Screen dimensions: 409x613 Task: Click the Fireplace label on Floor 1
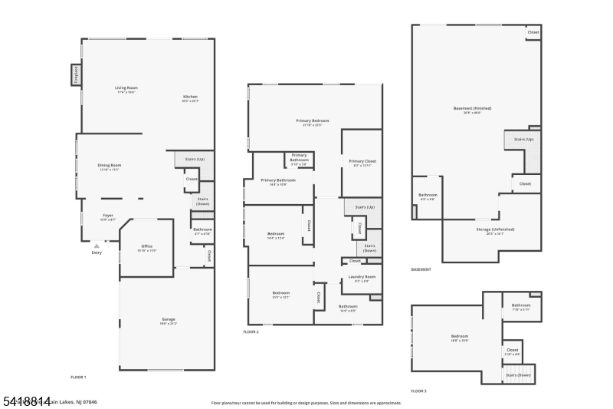[76, 75]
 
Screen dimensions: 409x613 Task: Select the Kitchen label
[190, 97]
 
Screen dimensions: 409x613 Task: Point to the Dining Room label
[110, 166]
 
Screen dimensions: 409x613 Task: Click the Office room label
[147, 247]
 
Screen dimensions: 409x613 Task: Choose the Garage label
[169, 320]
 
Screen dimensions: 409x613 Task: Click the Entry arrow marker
[97, 246]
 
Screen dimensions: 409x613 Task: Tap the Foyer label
[108, 216]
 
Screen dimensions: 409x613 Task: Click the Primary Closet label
[362, 162]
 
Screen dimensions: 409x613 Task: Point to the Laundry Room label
[362, 277]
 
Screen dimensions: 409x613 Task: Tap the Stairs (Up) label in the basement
[523, 139]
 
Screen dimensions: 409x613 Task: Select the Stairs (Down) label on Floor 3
[519, 374]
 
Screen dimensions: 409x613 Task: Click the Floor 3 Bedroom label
[460, 337]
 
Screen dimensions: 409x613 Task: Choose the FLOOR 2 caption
[251, 331]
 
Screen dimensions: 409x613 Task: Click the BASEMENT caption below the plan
[421, 269]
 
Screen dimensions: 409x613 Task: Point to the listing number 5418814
[26, 401]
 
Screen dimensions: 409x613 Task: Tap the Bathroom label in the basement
[427, 196]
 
